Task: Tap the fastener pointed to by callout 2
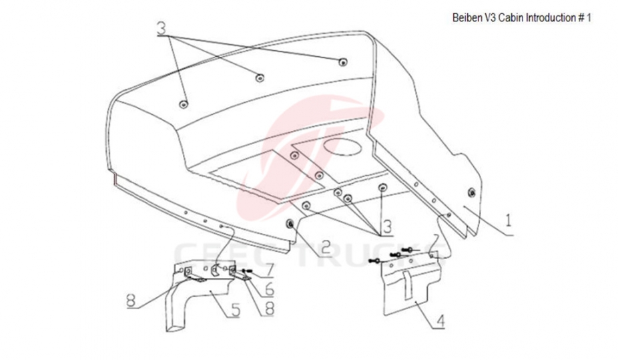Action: (292, 224)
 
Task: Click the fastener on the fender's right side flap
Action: (473, 193)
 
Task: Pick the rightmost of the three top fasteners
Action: (342, 62)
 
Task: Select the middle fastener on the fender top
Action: (260, 77)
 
